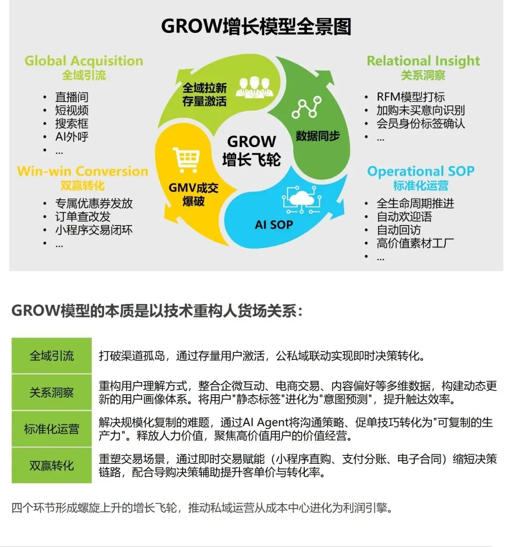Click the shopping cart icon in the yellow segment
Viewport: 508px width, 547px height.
pos(186,160)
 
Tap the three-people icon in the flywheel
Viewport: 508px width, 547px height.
pos(254,86)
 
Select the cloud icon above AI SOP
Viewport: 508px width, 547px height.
pos(301,199)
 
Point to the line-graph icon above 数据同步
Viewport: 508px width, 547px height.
pos(306,107)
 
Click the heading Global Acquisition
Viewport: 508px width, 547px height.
pos(84,61)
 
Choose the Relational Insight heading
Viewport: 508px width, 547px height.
pos(423,61)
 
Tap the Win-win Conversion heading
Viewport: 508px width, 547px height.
pos(82,171)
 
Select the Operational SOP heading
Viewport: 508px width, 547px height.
pos(421,171)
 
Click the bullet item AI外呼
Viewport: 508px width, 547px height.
pos(71,137)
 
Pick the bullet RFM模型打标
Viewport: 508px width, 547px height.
pos(410,97)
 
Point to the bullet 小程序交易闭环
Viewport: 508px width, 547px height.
pos(94,230)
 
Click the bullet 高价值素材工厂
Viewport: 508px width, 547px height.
pos(415,243)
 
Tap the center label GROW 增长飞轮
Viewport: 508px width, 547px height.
pos(252,150)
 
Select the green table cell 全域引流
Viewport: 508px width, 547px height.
pos(52,356)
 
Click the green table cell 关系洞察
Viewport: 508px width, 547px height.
pos(52,392)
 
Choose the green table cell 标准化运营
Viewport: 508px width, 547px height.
pos(52,429)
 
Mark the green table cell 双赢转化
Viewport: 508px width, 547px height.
pos(52,466)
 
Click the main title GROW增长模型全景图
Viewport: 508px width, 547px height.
pos(256,26)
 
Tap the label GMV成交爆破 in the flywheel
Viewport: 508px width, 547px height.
pos(193,194)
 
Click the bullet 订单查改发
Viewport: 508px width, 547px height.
pos(83,217)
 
